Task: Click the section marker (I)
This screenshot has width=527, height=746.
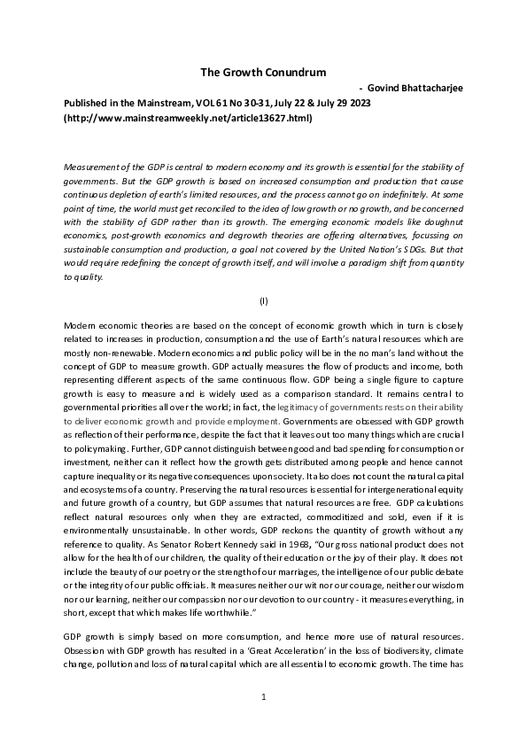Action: point(263,300)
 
